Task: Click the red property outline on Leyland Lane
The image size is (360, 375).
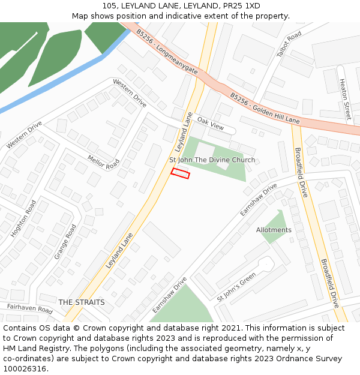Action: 180,173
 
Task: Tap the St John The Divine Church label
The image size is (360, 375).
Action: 212,160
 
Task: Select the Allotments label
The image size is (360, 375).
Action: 274,230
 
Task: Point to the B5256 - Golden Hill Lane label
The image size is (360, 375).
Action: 265,108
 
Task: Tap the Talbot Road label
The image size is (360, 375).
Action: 289,45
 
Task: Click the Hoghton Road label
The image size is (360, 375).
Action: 24,218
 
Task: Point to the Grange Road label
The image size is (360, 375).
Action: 65,241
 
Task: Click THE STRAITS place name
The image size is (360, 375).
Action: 82,302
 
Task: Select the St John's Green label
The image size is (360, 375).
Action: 236,287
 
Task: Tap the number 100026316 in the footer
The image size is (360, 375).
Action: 25,368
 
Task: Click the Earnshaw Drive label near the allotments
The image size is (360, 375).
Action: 259,200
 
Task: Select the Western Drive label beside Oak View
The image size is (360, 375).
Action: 130,93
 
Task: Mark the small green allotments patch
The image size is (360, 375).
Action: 274,226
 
